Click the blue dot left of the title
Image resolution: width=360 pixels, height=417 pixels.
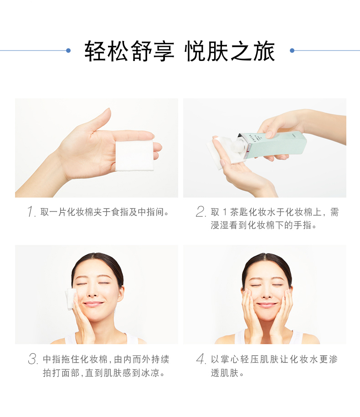(x=68, y=50)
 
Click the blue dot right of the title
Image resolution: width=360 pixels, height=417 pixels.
(x=292, y=50)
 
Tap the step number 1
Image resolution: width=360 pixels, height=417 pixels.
(x=31, y=212)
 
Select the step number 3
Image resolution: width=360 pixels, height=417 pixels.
(x=33, y=359)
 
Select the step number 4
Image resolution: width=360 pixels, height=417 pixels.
(x=201, y=359)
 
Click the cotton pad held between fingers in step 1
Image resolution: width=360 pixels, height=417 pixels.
(x=134, y=156)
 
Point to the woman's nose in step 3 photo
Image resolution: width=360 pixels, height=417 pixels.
(x=92, y=292)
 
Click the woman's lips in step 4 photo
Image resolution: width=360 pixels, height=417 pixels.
(x=267, y=305)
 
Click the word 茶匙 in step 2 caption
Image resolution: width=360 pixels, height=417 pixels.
(x=239, y=212)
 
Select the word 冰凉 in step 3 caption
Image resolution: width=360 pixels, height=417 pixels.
(x=150, y=373)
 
